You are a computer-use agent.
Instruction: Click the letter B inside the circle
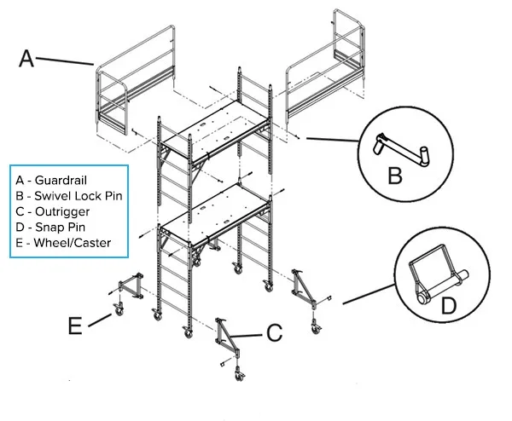click(x=394, y=176)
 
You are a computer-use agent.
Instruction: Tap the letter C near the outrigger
click(x=274, y=333)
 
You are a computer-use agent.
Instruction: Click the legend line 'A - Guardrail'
click(x=50, y=181)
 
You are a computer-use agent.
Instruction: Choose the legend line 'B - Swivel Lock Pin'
click(x=67, y=196)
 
